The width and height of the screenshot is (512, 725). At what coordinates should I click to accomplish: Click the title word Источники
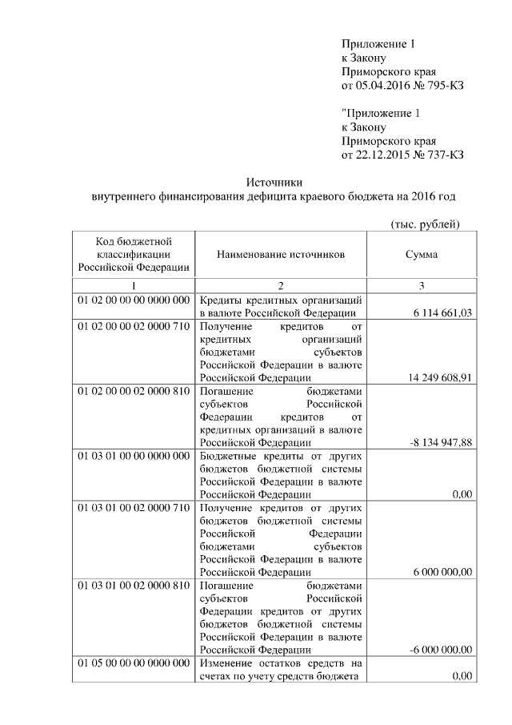[x=274, y=183]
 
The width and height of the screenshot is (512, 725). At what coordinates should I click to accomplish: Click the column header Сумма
[x=421, y=254]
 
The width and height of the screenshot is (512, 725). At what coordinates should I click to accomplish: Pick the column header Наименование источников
[x=281, y=254]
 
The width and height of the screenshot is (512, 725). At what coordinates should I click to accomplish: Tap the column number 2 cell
[x=281, y=285]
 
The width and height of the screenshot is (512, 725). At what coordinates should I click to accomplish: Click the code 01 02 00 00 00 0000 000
[x=133, y=300]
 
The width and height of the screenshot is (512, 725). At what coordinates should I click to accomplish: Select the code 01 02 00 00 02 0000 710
[x=133, y=328]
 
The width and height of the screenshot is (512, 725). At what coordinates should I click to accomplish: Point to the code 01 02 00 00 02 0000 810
[x=133, y=392]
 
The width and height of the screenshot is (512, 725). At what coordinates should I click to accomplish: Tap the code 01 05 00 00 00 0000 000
[x=133, y=663]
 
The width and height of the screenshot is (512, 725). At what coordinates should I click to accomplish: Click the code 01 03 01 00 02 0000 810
[x=133, y=586]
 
